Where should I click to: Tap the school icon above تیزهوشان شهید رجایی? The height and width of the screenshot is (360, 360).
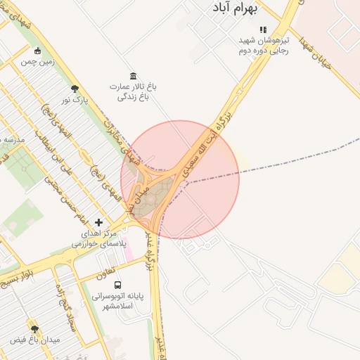coord(263,30)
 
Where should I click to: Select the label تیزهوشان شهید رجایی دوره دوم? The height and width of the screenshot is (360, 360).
coord(262,46)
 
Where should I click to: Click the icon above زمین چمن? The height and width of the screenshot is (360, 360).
coord(37,51)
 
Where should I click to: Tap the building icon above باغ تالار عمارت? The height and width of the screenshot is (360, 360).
coord(133,76)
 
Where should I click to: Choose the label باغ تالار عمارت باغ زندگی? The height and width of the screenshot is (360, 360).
coord(133,91)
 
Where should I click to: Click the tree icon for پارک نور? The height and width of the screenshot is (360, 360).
coord(75,89)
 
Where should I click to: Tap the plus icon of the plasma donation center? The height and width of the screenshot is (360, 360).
coord(98,222)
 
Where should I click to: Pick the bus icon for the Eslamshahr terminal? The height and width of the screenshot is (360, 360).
coord(117,285)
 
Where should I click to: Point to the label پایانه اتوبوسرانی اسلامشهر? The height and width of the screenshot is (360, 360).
coord(117,302)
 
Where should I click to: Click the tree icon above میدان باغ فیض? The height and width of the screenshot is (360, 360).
coord(34,328)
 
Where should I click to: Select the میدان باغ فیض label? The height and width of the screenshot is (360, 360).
coord(35,340)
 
